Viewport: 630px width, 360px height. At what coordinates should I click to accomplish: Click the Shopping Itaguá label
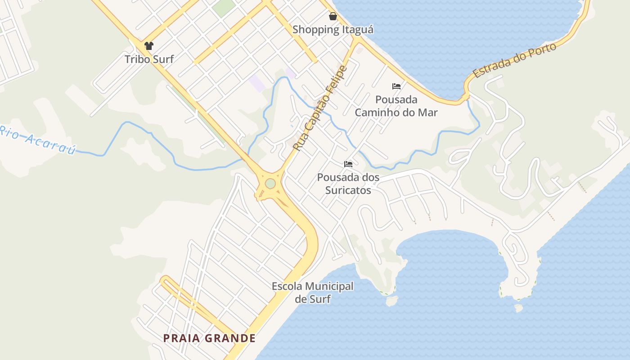pyautogui.click(x=333, y=30)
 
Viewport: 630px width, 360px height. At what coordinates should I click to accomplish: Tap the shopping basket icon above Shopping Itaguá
pyautogui.click(x=333, y=17)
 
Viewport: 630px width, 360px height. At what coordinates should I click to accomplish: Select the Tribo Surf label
pyautogui.click(x=149, y=59)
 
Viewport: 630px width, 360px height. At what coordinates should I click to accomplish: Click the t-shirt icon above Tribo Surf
pyautogui.click(x=149, y=45)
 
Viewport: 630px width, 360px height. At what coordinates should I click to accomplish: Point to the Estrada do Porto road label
pyautogui.click(x=515, y=60)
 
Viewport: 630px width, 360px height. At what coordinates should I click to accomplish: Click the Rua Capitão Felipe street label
pyautogui.click(x=320, y=108)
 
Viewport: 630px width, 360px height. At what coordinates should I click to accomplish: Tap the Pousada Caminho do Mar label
pyautogui.click(x=396, y=106)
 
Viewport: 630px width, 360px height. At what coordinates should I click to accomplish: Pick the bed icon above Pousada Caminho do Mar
pyautogui.click(x=396, y=86)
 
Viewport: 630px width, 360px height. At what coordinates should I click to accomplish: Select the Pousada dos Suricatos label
pyautogui.click(x=348, y=184)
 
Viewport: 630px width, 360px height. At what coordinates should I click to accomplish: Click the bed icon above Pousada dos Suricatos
pyautogui.click(x=348, y=164)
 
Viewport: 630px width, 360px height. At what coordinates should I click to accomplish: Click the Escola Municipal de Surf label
pyautogui.click(x=313, y=292)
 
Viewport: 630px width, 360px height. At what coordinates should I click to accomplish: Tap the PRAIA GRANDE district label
pyautogui.click(x=209, y=338)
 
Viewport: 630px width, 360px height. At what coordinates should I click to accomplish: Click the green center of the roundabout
pyautogui.click(x=270, y=184)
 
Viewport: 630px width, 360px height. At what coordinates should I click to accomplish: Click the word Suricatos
pyautogui.click(x=348, y=190)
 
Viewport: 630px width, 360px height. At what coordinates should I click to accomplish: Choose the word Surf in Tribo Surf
pyautogui.click(x=162, y=59)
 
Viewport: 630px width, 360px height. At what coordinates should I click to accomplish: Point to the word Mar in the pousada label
pyautogui.click(x=427, y=112)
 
